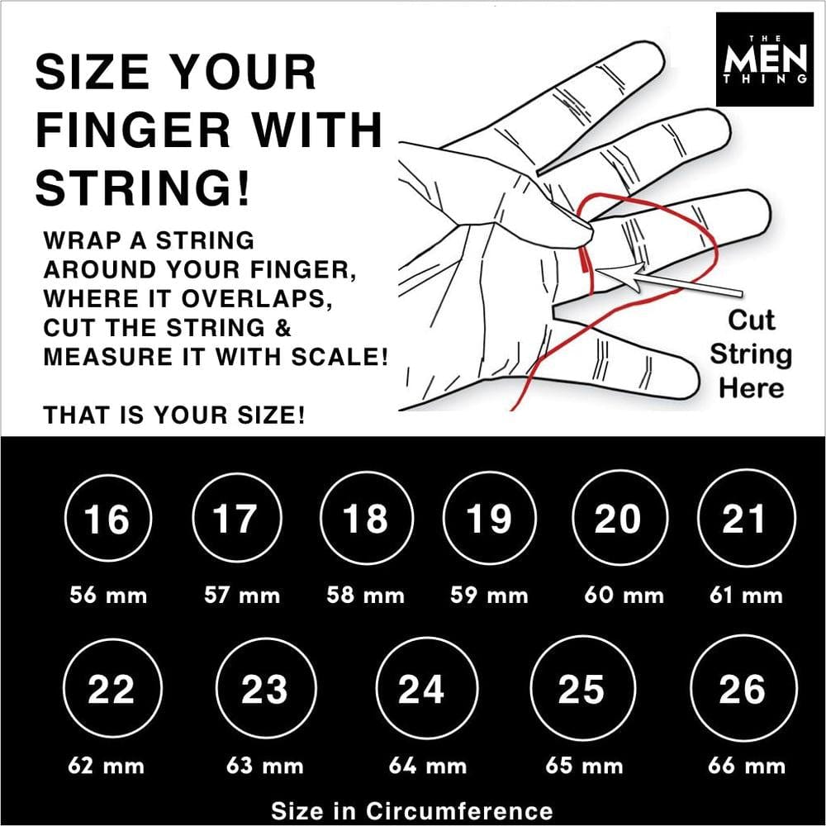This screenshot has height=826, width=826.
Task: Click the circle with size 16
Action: click(107, 520)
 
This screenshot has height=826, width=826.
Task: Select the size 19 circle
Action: click(488, 520)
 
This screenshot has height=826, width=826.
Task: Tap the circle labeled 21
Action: click(743, 520)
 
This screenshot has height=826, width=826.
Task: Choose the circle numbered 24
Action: click(421, 690)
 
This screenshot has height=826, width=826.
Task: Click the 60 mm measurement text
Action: click(624, 595)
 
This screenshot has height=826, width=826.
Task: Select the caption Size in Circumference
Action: click(411, 809)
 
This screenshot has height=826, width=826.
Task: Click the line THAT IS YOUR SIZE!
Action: click(174, 415)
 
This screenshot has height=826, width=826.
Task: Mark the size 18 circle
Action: click(364, 520)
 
